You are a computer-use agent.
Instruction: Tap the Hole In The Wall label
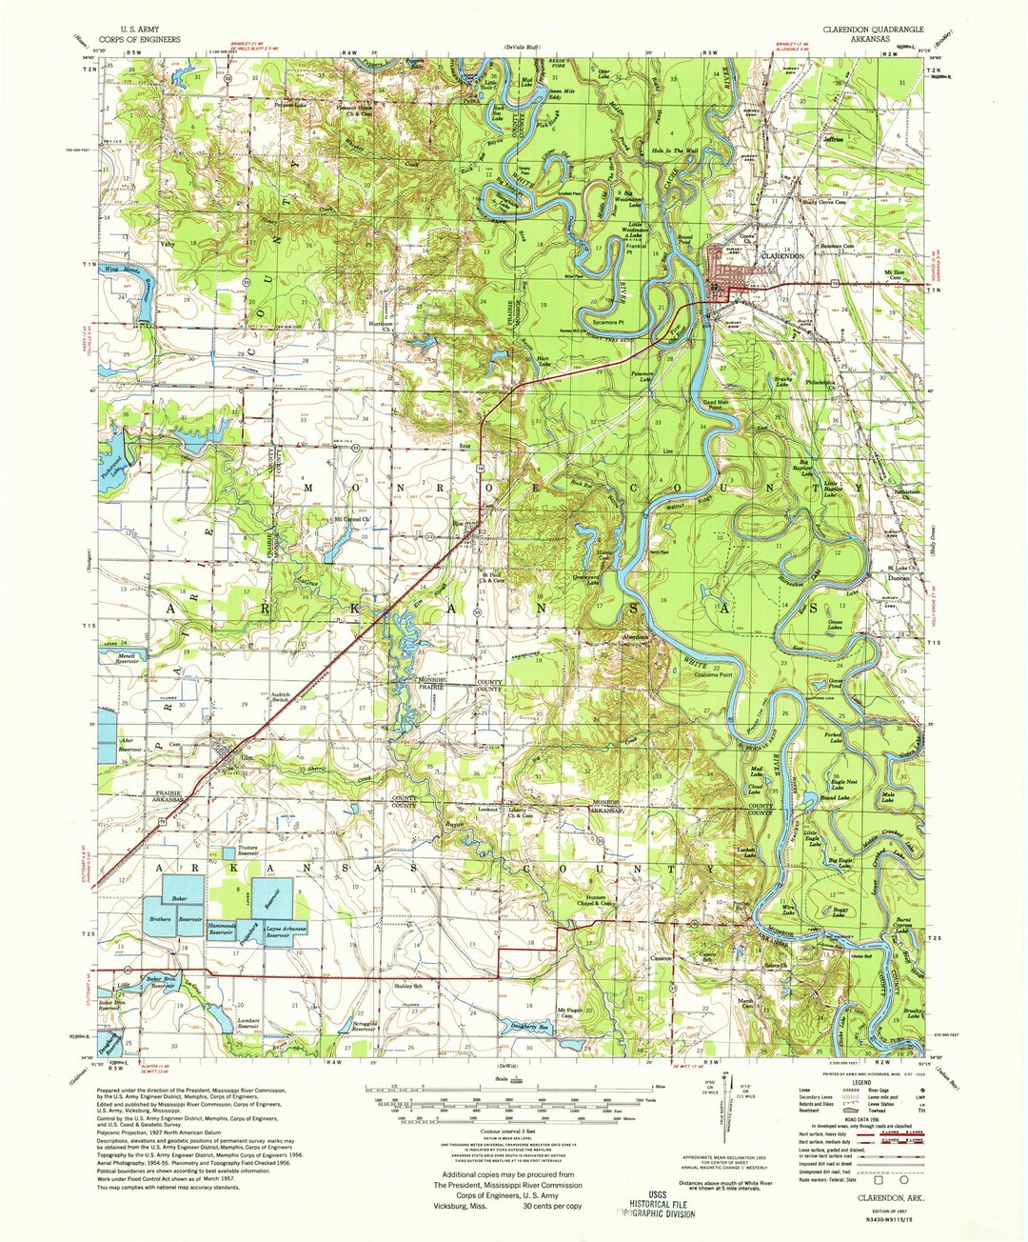[675, 150]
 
